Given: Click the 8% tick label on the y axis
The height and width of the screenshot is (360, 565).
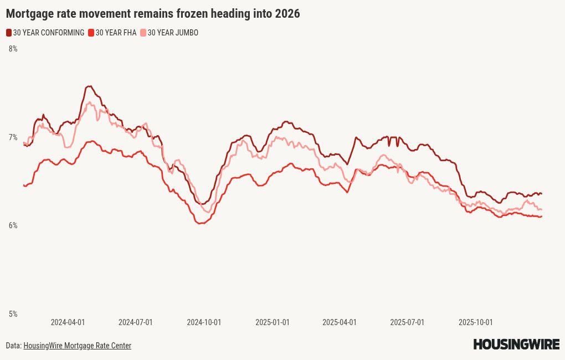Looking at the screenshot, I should click(13, 49).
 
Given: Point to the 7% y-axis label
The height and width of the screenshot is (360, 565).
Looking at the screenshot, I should click(13, 137).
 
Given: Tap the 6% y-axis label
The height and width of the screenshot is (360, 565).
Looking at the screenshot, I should click(13, 225).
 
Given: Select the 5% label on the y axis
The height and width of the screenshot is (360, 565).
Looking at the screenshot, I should click(13, 314).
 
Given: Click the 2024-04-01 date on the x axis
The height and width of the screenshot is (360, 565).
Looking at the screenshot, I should click(68, 322).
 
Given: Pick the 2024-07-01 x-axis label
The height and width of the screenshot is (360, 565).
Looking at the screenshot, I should click(136, 322).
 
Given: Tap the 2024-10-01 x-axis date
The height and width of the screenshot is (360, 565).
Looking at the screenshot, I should click(204, 322).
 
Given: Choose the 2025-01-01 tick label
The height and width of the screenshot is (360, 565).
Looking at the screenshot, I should click(272, 322).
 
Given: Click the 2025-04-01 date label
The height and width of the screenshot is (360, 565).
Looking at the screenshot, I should click(340, 322).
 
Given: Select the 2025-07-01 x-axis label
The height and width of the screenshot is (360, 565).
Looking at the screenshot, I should click(407, 322).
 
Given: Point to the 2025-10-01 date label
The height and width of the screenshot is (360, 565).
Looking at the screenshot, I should click(475, 322).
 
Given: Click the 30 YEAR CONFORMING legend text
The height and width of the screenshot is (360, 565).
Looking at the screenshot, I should click(49, 33).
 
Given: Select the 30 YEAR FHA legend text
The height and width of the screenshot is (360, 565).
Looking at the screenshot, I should click(116, 33).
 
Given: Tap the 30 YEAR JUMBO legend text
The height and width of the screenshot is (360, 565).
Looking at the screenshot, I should click(173, 33).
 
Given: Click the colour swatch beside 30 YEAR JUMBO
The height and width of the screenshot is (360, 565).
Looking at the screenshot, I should click(143, 33).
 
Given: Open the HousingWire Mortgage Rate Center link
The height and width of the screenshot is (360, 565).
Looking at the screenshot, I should click(77, 346).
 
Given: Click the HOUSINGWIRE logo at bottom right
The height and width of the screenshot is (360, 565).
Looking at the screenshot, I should click(516, 344).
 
